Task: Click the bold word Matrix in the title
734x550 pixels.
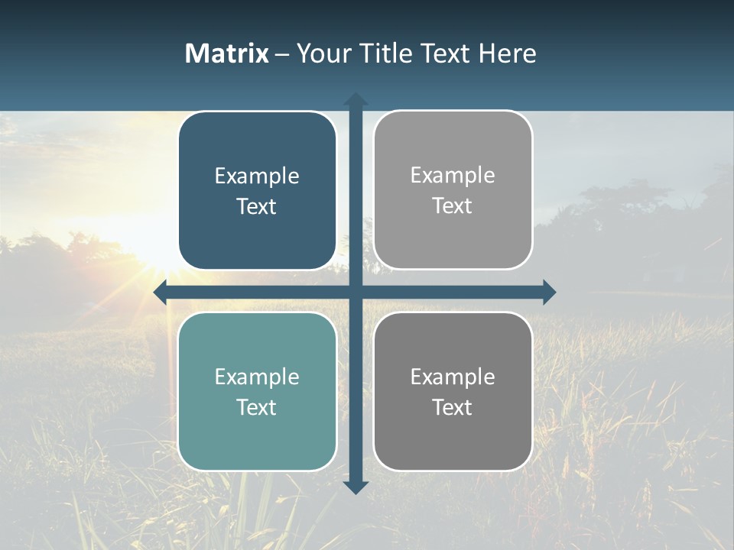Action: click(226, 53)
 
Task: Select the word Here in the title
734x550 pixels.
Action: click(507, 53)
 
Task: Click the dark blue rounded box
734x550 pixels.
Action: click(257, 191)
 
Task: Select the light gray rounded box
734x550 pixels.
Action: click(453, 190)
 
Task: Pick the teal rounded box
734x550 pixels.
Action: click(257, 392)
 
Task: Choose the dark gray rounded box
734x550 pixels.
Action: click(453, 391)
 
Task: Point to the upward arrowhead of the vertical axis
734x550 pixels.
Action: click(356, 99)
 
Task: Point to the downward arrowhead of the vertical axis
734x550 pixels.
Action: click(356, 487)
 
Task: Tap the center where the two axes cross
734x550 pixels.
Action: click(356, 292)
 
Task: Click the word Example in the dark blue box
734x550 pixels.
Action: click(257, 176)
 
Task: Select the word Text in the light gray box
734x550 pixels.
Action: click(453, 206)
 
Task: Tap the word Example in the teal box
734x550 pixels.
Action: click(257, 377)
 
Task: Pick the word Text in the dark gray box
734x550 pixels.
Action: click(453, 407)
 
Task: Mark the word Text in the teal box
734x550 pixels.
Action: click(257, 407)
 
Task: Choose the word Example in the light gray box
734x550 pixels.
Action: click(453, 176)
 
